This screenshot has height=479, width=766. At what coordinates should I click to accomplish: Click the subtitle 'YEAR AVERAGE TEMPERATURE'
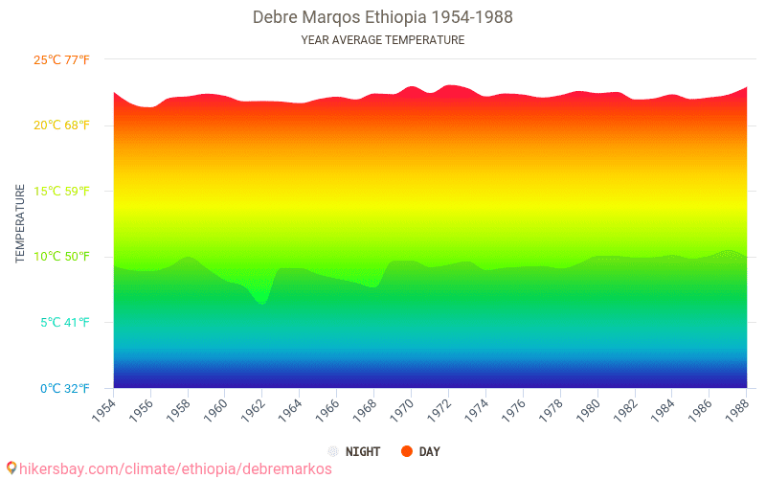[x=382, y=40]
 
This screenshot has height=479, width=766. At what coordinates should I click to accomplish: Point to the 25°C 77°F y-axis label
[x=62, y=59]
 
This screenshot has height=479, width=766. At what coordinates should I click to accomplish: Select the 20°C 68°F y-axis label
[x=62, y=125]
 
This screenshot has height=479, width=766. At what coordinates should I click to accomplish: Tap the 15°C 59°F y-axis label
[x=62, y=191]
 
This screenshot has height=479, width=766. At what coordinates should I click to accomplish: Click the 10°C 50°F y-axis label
[x=62, y=257]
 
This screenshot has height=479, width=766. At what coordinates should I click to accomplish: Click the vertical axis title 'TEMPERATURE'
[x=20, y=223]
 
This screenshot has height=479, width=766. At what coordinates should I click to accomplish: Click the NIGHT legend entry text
[x=362, y=451]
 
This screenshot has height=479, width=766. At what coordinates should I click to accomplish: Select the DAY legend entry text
[x=430, y=451]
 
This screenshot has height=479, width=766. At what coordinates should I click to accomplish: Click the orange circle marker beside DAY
[x=407, y=451]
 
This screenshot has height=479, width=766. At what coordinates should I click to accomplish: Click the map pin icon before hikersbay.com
[x=11, y=468]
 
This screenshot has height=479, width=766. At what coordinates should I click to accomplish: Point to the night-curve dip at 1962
[x=261, y=304]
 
